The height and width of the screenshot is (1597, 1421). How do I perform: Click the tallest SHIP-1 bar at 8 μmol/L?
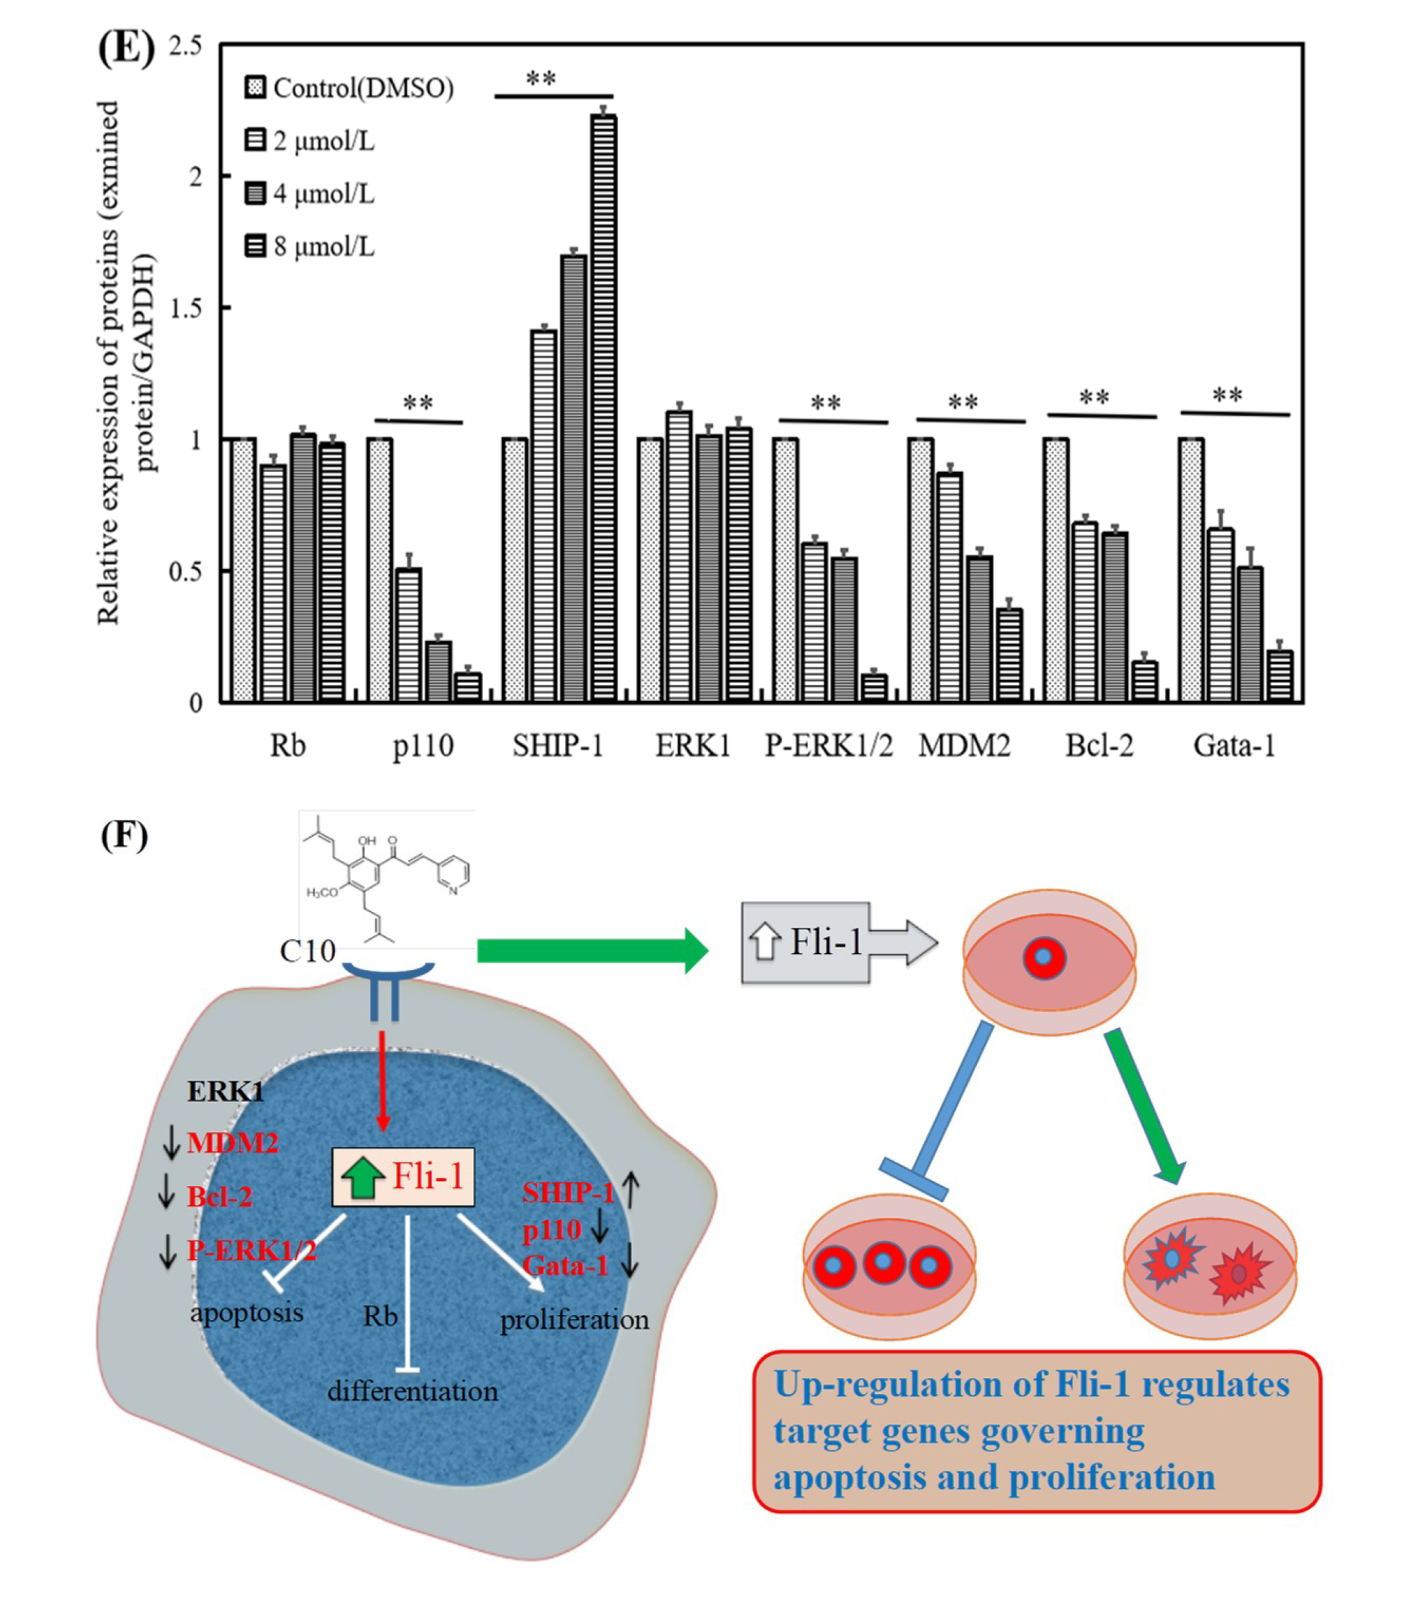602,406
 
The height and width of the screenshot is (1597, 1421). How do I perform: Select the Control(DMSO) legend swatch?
255,87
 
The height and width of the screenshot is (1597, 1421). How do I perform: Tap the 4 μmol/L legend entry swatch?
255,193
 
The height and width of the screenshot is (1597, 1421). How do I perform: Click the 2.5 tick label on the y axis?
185,45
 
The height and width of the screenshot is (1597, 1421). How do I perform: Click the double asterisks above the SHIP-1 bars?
541,80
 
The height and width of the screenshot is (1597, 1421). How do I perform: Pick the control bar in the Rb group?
243,570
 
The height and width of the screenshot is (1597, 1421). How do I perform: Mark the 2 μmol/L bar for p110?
408,634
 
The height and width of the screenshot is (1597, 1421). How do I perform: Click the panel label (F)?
124,836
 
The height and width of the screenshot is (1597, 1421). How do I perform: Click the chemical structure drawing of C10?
387,878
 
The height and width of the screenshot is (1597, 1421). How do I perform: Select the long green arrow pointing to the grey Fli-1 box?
591,950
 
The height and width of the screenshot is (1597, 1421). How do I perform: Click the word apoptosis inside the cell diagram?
247,1312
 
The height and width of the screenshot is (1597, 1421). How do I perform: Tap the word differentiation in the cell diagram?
412,1391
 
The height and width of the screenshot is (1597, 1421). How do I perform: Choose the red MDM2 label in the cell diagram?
232,1143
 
